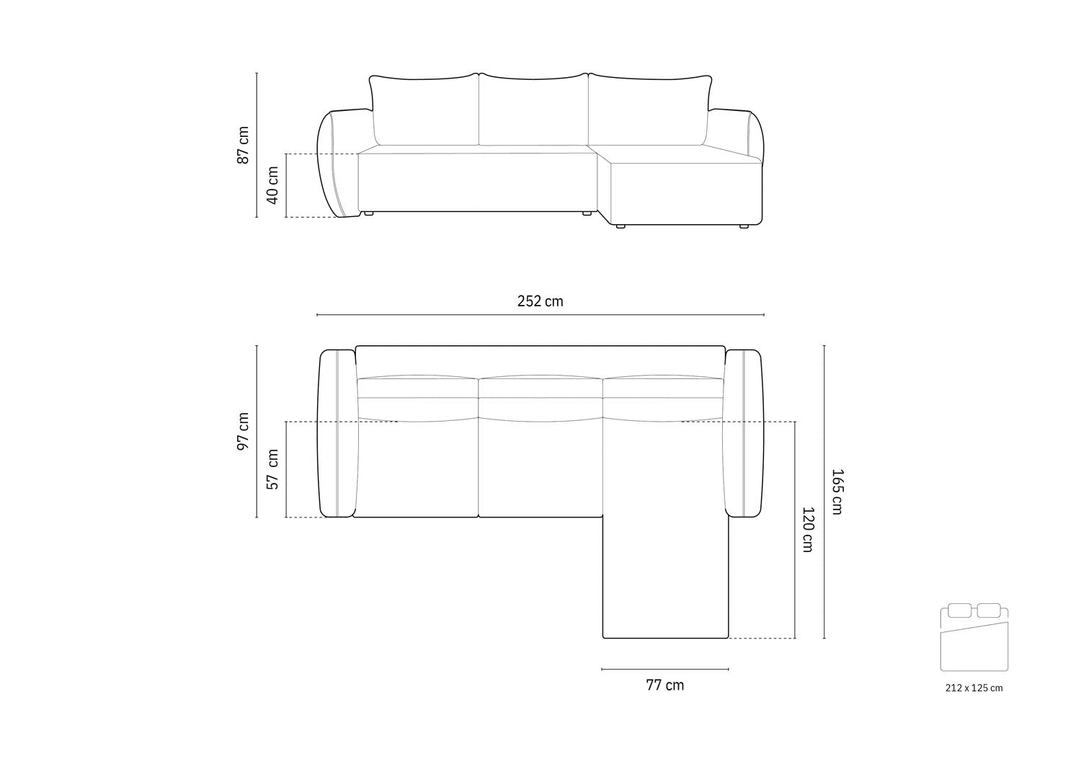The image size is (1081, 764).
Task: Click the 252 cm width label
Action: (540, 301)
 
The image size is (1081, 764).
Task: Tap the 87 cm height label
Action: (243, 145)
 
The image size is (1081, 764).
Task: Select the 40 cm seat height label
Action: (272, 185)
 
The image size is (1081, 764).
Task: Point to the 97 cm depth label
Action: (243, 432)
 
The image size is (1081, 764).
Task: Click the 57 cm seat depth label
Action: (272, 469)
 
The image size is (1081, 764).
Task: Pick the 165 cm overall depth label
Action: (836, 492)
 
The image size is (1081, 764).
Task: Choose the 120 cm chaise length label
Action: (808, 530)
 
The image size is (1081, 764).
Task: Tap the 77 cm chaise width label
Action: (664, 685)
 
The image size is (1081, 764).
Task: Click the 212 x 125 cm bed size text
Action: (974, 688)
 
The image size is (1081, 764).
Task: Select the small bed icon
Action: (974, 638)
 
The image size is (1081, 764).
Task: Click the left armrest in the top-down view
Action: (337, 433)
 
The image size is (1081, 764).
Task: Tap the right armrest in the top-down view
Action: (744, 433)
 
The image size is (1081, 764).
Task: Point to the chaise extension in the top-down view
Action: (665, 577)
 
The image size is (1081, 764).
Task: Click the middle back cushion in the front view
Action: (533, 110)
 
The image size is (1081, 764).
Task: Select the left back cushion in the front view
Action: (425, 110)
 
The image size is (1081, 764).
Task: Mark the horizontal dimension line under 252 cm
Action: (540, 315)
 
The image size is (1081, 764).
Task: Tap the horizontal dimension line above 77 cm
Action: (664, 670)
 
